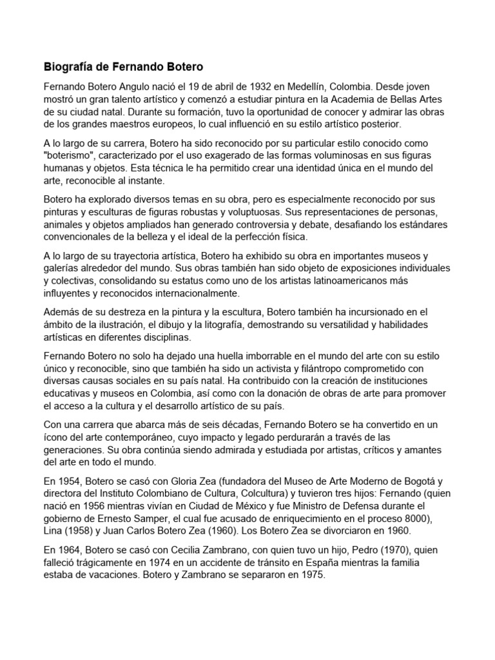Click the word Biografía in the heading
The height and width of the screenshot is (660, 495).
pyautogui.click(x=68, y=66)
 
